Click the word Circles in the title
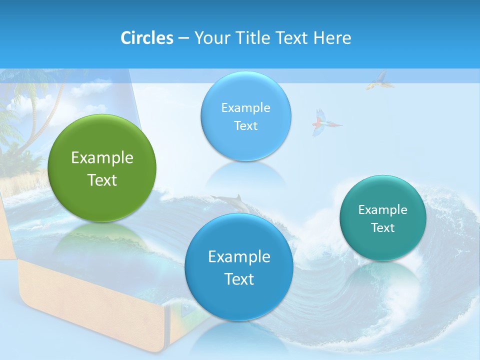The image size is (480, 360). pyautogui.click(x=146, y=38)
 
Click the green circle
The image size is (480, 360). pyautogui.click(x=102, y=168)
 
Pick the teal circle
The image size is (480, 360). pyautogui.click(x=383, y=218)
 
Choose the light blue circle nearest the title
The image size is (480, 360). pyautogui.click(x=245, y=116)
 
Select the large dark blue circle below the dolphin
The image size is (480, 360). pyautogui.click(x=239, y=267)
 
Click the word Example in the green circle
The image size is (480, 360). pyautogui.click(x=102, y=158)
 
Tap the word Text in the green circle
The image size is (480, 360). pyautogui.click(x=102, y=180)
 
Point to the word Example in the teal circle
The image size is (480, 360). pyautogui.click(x=383, y=210)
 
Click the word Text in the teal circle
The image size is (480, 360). pyautogui.click(x=383, y=228)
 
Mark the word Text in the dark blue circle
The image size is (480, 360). pyautogui.click(x=239, y=279)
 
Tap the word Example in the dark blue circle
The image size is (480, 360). pyautogui.click(x=239, y=257)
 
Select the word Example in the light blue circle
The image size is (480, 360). pyautogui.click(x=245, y=108)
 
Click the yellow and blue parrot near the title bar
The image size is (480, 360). pyautogui.click(x=378, y=80)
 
